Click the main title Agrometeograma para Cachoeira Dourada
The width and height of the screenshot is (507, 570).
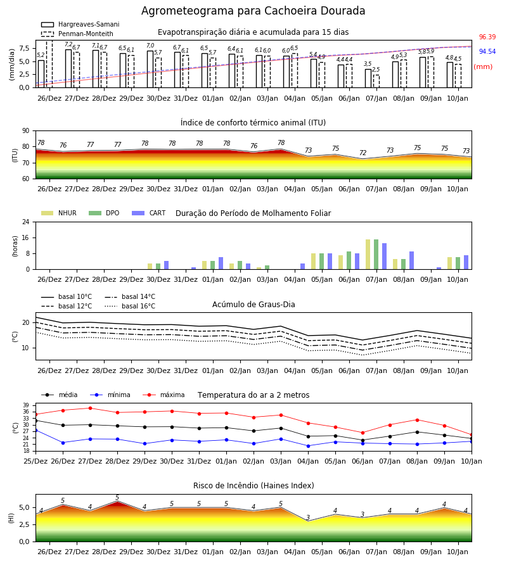click(x=253, y=11)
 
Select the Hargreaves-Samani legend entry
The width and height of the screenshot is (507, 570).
click(x=80, y=24)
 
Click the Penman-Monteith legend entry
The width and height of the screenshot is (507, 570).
click(x=77, y=34)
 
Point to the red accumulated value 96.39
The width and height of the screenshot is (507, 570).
click(x=487, y=37)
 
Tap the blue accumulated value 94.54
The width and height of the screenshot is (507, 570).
click(x=487, y=52)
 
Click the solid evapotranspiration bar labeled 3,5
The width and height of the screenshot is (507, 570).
click(x=368, y=79)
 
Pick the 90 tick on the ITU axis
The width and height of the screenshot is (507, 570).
click(x=26, y=131)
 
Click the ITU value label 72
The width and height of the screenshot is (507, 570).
click(x=363, y=153)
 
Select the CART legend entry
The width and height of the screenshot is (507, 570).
click(x=149, y=213)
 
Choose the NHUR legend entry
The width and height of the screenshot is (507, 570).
click(x=59, y=213)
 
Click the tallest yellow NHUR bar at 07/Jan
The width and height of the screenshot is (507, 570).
click(x=368, y=255)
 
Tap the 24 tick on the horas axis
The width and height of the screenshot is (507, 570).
click(x=26, y=222)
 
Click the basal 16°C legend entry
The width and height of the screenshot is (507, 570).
click(x=130, y=306)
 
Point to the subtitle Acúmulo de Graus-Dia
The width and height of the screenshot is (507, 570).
click(x=253, y=305)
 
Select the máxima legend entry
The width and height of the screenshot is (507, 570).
click(x=164, y=395)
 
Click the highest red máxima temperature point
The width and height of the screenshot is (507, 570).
click(x=90, y=408)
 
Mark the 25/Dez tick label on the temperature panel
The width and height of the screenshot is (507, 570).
click(x=35, y=461)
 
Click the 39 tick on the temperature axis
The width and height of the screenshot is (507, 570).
click(x=27, y=405)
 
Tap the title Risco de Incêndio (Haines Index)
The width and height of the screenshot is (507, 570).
click(x=253, y=486)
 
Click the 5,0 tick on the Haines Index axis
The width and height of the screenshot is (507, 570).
click(x=24, y=508)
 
